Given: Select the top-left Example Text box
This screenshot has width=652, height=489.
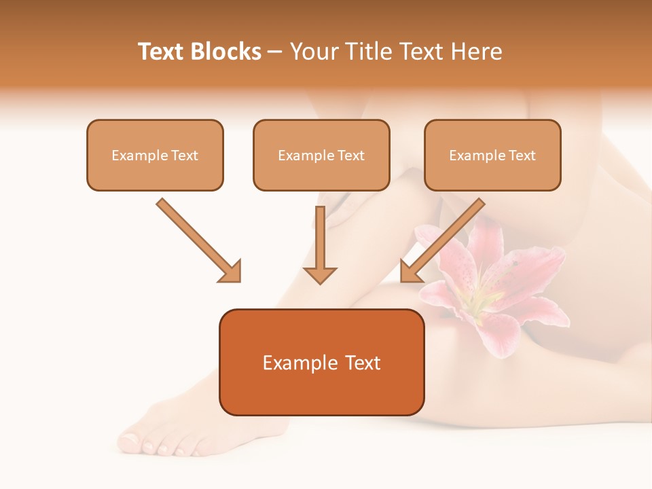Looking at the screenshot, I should (155, 155).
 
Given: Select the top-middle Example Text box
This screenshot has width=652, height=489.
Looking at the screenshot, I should (321, 155).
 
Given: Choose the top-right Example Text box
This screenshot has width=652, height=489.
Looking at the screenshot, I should (492, 155).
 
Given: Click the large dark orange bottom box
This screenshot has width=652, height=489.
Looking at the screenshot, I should (321, 362).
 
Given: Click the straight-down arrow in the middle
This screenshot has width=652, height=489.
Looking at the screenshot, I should (320, 244).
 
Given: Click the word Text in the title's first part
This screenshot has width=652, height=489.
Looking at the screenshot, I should (162, 52).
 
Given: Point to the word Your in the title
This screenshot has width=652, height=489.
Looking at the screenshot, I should (314, 52).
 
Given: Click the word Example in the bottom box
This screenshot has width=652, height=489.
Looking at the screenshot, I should (296, 363).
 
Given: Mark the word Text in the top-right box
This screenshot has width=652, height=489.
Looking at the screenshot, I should (522, 155).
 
